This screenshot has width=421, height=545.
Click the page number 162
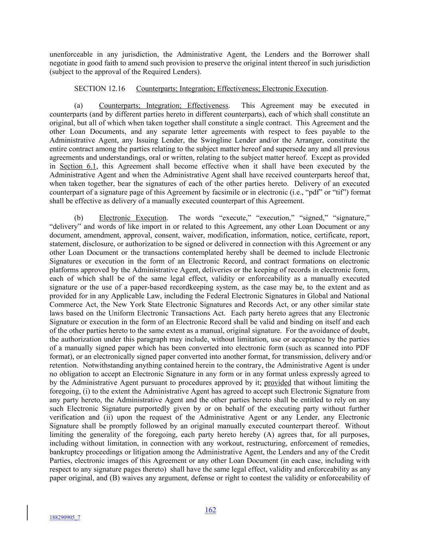(x=210, y=510)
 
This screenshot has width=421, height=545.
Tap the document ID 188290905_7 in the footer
(x=65, y=517)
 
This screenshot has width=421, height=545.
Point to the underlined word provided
(x=278, y=382)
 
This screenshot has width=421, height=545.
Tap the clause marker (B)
(x=115, y=478)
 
